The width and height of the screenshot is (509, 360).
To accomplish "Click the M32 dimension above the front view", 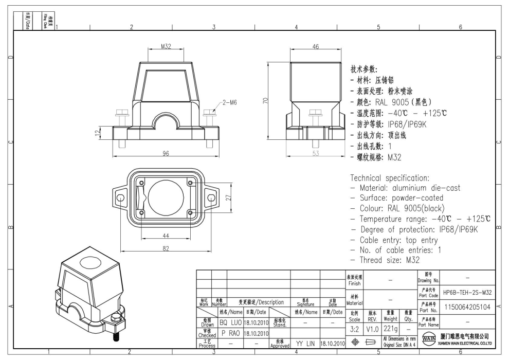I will pyautogui.click(x=166, y=46).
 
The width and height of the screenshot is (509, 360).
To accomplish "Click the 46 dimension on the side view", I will pyautogui.click(x=316, y=46).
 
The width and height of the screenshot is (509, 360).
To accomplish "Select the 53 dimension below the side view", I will pyautogui.click(x=316, y=153).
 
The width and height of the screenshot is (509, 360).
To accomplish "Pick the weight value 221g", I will pyautogui.click(x=390, y=327).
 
